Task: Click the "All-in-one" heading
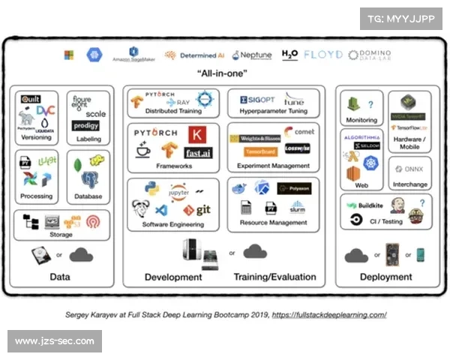tap(224, 73)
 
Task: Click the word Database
tap(88, 197)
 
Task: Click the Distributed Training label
tap(172, 111)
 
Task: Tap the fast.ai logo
tap(199, 153)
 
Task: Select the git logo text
tap(202, 209)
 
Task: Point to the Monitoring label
tap(362, 120)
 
